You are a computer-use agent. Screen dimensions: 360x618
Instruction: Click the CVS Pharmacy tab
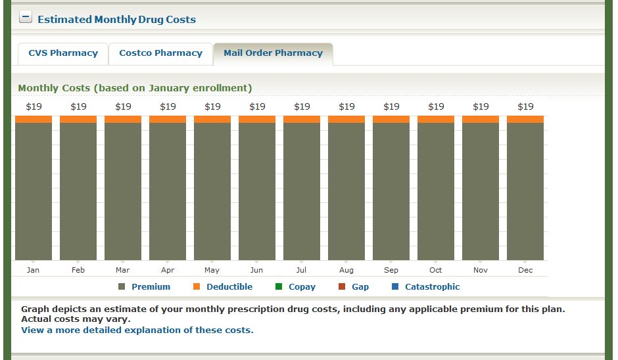tap(63, 53)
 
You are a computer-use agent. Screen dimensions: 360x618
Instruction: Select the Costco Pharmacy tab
tap(160, 53)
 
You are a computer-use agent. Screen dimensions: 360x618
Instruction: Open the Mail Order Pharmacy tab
tap(273, 53)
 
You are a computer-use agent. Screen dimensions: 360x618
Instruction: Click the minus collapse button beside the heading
tap(26, 18)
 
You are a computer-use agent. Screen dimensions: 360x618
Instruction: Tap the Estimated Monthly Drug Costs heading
tap(116, 19)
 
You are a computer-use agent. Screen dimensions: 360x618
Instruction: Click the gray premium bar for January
tap(34, 191)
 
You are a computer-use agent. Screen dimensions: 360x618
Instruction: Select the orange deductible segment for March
tap(123, 119)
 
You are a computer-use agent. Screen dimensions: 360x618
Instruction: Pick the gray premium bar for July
tap(302, 191)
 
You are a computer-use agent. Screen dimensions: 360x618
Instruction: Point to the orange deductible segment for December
tap(525, 119)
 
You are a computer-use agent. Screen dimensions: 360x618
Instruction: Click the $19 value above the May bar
tap(212, 106)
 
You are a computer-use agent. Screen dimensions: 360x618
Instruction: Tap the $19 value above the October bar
tap(436, 106)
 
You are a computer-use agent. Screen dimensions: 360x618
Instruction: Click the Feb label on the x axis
tap(78, 270)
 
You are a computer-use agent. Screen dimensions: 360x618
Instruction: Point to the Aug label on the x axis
tap(346, 270)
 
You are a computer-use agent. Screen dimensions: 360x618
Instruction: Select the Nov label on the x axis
tap(481, 270)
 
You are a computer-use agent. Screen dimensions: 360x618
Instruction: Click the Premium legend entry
tap(151, 287)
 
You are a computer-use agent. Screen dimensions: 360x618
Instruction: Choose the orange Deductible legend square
tap(197, 287)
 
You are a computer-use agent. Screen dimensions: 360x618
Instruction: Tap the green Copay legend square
tap(279, 287)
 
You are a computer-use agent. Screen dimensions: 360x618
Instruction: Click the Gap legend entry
tap(360, 287)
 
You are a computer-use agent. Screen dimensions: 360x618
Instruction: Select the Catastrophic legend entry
tap(432, 287)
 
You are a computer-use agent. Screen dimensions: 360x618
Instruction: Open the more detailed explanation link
tap(137, 330)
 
